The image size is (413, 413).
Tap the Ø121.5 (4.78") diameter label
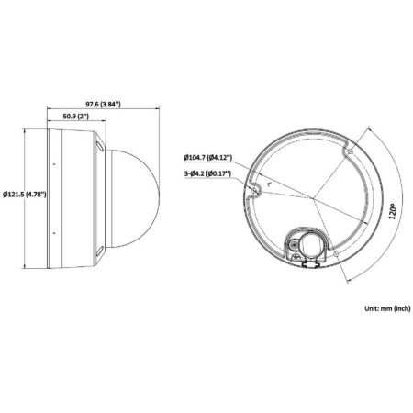pos(24,195)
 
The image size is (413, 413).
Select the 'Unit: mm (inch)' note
pos(376,311)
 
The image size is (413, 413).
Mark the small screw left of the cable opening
pos(291,245)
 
